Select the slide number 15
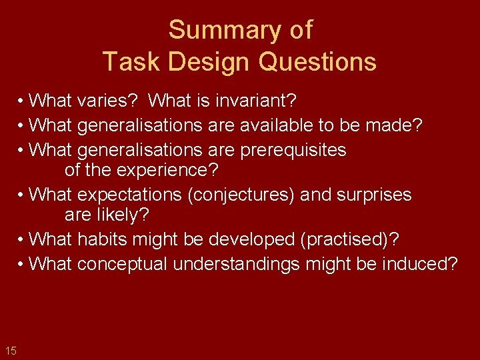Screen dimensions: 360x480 coord(11,351)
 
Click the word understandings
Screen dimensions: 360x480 coord(237,264)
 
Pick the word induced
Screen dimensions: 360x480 coord(419,264)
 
